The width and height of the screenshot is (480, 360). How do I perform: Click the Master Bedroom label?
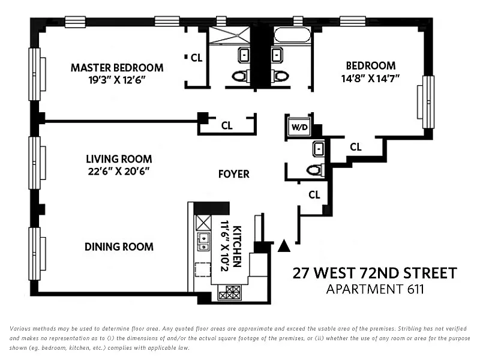point(117,68)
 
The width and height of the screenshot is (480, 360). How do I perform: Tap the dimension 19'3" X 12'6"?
point(117,80)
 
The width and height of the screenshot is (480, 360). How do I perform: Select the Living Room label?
point(119,159)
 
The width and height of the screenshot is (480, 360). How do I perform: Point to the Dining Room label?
point(119,247)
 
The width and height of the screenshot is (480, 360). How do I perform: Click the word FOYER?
point(234,174)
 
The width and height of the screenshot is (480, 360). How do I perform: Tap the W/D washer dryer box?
point(299,127)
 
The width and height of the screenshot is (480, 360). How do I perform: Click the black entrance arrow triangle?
point(284,245)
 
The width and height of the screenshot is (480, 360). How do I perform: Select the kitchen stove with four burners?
point(230,292)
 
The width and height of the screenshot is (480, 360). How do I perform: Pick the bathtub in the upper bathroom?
point(292,35)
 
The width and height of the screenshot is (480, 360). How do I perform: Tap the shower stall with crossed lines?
point(230,35)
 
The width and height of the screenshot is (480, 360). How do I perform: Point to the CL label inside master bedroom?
point(196,58)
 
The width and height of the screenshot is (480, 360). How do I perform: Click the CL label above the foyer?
point(227,125)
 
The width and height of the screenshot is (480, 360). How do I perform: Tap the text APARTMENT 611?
point(375,289)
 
